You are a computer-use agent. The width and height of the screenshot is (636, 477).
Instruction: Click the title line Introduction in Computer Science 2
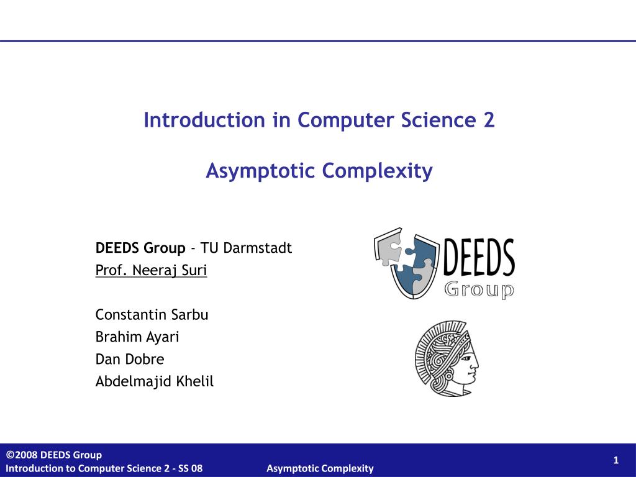coord(319,120)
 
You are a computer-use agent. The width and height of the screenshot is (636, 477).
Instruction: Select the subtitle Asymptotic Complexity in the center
coord(319,170)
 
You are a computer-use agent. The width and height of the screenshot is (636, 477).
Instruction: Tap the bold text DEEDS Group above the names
coord(140,248)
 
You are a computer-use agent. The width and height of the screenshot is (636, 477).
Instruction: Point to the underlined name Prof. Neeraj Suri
coord(151,271)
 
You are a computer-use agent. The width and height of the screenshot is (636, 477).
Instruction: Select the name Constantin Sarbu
coord(152,315)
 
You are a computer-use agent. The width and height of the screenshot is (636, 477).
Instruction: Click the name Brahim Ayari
coord(137,337)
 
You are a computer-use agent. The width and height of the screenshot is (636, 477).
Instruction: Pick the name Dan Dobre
coord(130,359)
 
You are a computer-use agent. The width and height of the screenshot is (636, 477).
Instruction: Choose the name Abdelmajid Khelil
coord(154,381)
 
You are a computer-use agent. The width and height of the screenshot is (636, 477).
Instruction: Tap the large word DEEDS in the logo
coord(479,258)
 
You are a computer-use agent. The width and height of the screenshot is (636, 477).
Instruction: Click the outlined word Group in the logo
coord(479,290)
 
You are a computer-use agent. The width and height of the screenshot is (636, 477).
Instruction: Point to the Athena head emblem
coord(446,359)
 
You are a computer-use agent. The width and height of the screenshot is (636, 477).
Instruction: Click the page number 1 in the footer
coord(616,460)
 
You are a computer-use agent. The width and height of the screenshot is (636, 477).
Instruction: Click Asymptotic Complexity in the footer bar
coord(320,468)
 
